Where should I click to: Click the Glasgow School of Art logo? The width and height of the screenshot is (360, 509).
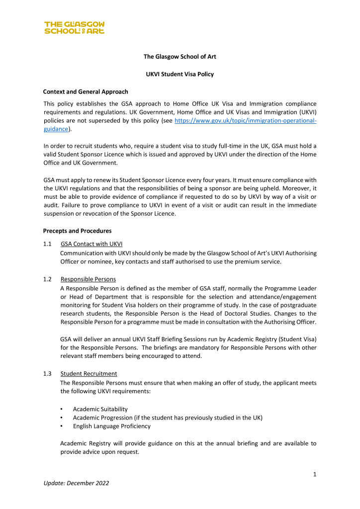point(74,27)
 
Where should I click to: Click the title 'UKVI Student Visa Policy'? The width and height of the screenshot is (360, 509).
point(180,74)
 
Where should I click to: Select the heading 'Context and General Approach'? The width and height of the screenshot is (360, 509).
point(86,91)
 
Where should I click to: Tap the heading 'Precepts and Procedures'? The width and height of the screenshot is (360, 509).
point(77,231)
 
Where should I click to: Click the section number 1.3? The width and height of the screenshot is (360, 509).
point(48,373)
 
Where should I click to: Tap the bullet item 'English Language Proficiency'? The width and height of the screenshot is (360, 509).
point(111,426)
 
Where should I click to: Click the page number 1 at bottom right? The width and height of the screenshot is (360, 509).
point(315,474)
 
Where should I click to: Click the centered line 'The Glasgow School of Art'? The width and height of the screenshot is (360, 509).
point(180,57)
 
